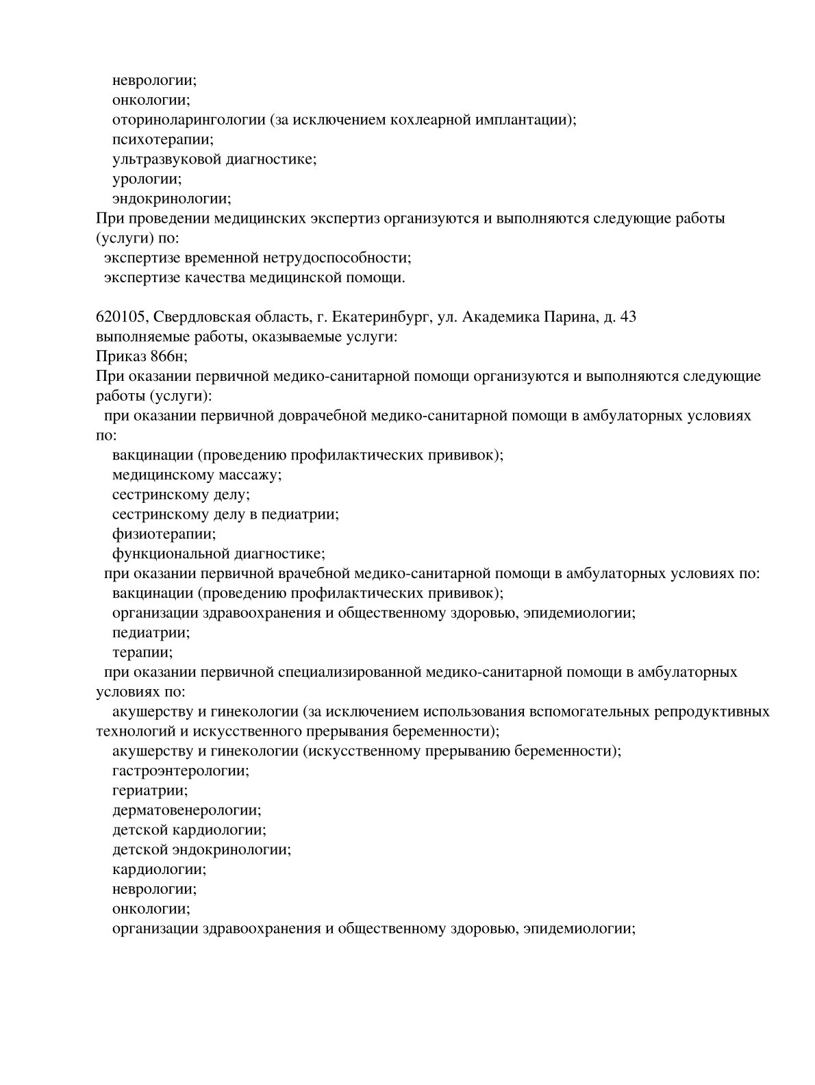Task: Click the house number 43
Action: (627, 317)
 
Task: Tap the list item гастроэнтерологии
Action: (180, 771)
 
